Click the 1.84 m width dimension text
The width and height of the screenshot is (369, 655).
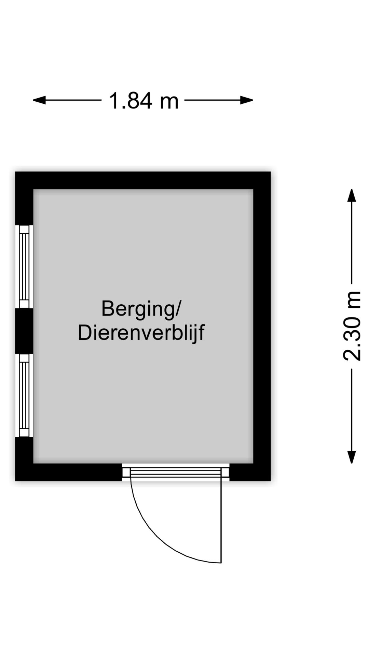pos(143,101)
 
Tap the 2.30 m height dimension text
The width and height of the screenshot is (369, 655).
pos(352,326)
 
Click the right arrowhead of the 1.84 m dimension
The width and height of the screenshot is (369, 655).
pos(246,100)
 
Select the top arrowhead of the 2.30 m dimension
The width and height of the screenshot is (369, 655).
pos(352,195)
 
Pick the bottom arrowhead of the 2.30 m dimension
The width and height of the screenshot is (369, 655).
pos(352,457)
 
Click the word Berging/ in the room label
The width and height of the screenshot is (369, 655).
pos(140,309)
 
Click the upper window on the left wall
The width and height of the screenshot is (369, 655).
pos(24,266)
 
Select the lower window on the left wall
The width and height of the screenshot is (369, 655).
pos(24,395)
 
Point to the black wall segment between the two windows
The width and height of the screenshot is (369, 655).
pos(24,331)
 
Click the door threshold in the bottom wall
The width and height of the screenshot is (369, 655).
pos(176,472)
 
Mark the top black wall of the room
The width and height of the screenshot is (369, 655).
pos(143,180)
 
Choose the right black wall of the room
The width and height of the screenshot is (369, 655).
pos(262,326)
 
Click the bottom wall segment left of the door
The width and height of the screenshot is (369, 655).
pos(69,472)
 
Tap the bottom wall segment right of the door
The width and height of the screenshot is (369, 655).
pos(250,472)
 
